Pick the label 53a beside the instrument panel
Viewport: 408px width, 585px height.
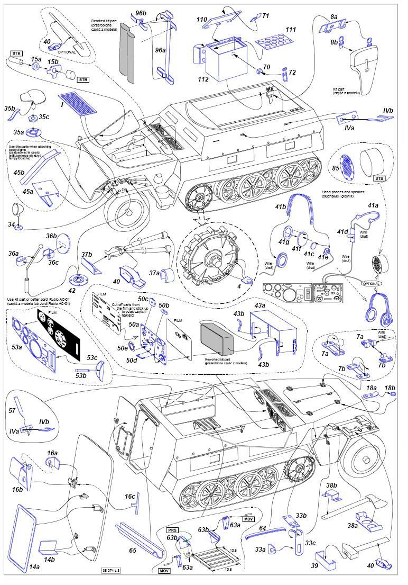tap(17, 347)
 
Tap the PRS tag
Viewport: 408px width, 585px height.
tap(173, 529)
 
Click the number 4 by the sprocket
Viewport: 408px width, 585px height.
tap(239, 286)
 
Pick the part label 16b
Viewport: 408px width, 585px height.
tap(17, 490)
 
